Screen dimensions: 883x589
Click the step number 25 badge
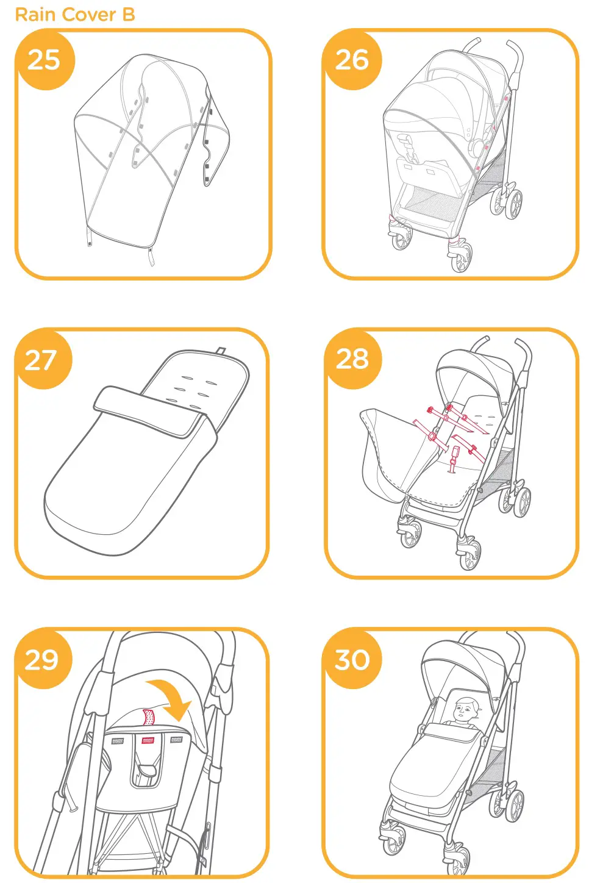click(44, 60)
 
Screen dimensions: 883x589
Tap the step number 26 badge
click(352, 60)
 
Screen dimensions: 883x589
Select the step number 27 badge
click(41, 360)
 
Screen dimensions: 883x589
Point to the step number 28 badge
click(352, 359)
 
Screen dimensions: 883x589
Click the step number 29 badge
click(41, 659)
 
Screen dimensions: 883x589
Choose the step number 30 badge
click(352, 659)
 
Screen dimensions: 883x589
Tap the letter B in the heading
click(128, 15)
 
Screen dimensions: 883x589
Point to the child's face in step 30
click(466, 710)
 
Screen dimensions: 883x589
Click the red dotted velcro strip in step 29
click(148, 717)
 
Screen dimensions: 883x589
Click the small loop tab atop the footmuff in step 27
click(221, 351)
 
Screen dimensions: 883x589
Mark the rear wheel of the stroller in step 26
click(513, 204)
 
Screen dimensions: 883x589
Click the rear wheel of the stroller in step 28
click(521, 502)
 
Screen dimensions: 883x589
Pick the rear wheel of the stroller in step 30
click(514, 806)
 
